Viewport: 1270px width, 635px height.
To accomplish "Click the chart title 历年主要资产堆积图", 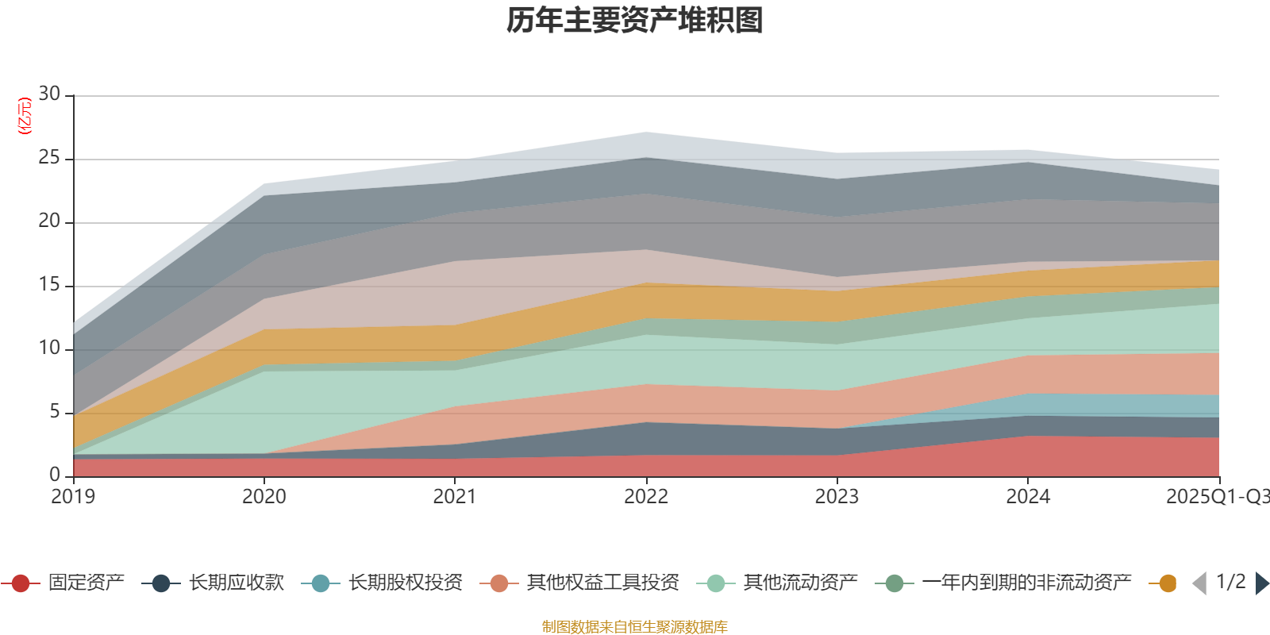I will [635, 21].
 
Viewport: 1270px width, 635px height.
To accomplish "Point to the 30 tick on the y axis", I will [49, 94].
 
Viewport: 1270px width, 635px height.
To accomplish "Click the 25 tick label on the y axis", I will [49, 158].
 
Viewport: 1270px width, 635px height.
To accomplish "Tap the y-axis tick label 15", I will [49, 285].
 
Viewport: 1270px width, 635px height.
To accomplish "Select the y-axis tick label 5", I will [54, 412].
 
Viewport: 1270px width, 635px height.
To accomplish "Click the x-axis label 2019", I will [73, 497].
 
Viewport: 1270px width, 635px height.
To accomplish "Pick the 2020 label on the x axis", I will [264, 497].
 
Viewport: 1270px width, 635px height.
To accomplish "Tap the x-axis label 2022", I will [645, 497].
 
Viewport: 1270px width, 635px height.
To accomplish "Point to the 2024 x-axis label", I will [1028, 497].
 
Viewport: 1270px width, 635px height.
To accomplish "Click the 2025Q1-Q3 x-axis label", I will [1216, 497].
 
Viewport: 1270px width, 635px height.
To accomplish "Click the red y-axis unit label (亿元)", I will [25, 116].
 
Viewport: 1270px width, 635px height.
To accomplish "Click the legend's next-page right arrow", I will [1261, 583].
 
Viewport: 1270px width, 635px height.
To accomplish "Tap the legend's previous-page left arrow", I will [1199, 583].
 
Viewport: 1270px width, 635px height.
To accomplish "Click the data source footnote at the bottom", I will [635, 627].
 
